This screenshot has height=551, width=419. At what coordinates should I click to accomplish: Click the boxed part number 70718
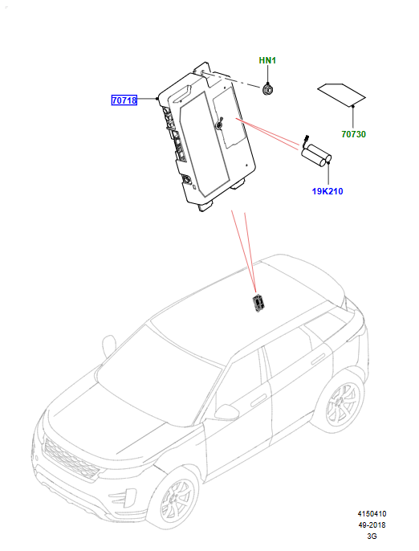pyautogui.click(x=124, y=100)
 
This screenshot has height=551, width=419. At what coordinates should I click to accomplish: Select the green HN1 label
pyautogui.click(x=267, y=60)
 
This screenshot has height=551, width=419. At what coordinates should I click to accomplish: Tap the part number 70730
pyautogui.click(x=354, y=134)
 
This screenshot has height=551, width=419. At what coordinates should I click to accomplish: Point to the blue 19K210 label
pyautogui.click(x=327, y=191)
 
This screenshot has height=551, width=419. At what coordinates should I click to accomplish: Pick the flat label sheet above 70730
pyautogui.click(x=341, y=95)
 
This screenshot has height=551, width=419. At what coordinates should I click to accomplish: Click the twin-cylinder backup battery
pyautogui.click(x=316, y=155)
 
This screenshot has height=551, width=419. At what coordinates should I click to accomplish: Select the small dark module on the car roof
pyautogui.click(x=258, y=303)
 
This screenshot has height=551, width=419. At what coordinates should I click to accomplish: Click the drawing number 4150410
pyautogui.click(x=372, y=514)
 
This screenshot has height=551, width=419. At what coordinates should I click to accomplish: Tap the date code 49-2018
pyautogui.click(x=372, y=525)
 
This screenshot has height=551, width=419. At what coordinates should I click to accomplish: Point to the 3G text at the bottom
pyautogui.click(x=372, y=537)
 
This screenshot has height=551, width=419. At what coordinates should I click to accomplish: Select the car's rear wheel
pyautogui.click(x=343, y=403)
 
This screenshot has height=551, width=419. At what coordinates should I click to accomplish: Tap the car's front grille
pyautogui.click(x=70, y=459)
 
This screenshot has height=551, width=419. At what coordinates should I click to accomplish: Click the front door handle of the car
pyautogui.click(x=258, y=401)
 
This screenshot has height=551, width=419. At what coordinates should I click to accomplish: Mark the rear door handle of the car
pyautogui.click(x=318, y=359)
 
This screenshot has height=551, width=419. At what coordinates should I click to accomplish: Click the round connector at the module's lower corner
pyautogui.click(x=186, y=180)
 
